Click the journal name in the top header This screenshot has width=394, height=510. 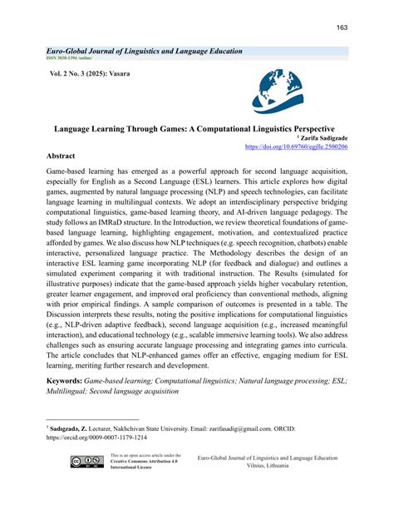tap(145, 51)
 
